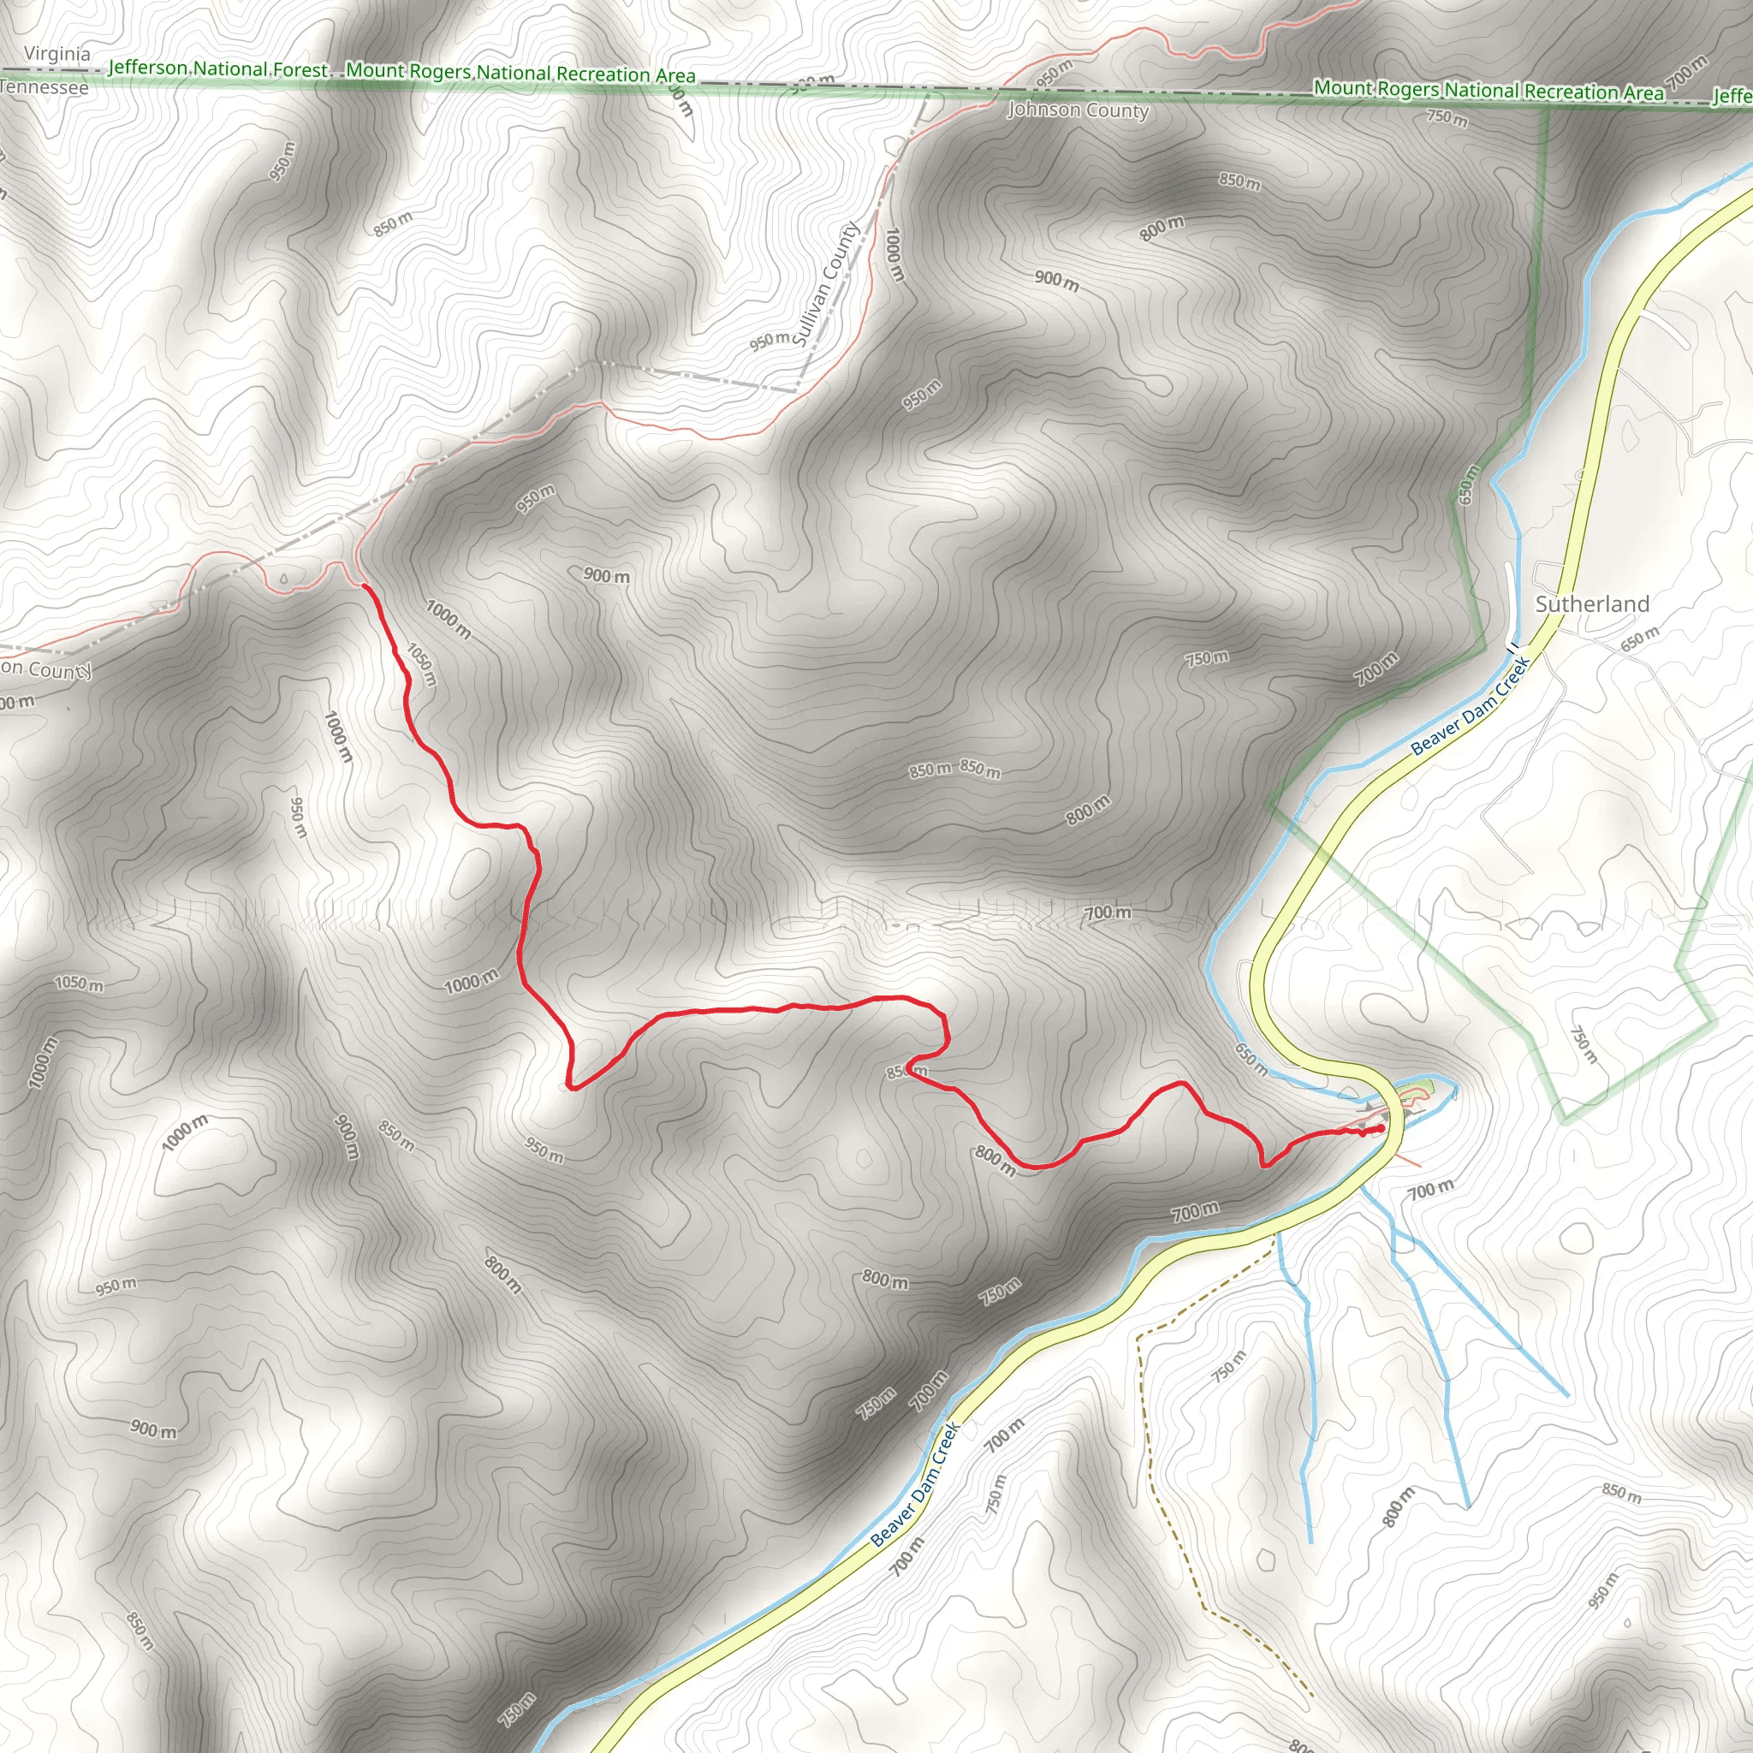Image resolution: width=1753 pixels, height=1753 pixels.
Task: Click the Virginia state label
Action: point(57,54)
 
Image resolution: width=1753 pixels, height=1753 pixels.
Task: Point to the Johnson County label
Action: point(1078,110)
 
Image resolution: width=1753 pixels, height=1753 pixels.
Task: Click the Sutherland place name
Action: point(1591,604)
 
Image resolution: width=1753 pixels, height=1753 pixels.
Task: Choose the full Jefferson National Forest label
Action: point(217,69)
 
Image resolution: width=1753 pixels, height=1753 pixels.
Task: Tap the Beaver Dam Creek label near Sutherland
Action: point(1471,704)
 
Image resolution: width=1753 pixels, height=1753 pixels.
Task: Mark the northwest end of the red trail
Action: point(365,587)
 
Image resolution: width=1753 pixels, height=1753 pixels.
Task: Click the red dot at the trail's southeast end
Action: point(1380,1129)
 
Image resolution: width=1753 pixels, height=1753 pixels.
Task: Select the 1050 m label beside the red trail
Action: point(422,664)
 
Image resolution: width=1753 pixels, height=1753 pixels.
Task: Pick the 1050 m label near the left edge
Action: point(79,983)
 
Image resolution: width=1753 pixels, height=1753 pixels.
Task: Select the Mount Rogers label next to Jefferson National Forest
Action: point(520,73)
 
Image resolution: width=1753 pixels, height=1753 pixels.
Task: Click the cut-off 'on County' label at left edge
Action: point(45,669)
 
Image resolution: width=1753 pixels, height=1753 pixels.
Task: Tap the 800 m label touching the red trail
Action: point(995,1161)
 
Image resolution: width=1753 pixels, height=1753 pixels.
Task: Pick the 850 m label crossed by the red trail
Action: point(906,1072)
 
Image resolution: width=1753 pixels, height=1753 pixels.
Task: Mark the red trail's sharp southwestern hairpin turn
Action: point(570,1085)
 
